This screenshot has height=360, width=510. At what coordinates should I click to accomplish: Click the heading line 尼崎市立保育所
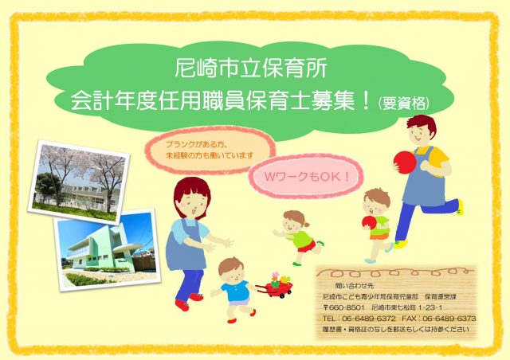[x=250, y=68]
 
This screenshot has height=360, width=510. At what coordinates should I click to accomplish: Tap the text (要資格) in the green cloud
[x=403, y=103]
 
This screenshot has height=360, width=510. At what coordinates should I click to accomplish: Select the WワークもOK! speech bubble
[x=306, y=177]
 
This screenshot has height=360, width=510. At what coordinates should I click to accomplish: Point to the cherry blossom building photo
[x=78, y=181]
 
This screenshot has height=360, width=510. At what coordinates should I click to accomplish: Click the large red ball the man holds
[x=404, y=162]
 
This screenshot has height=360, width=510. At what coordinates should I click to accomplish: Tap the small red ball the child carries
[x=369, y=223]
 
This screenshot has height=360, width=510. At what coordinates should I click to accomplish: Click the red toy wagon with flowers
[x=276, y=285]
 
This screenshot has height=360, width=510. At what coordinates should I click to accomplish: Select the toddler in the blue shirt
[x=234, y=289]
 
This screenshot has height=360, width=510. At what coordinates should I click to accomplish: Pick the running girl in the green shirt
[x=297, y=237]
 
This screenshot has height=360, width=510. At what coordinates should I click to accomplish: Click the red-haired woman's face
[x=193, y=205]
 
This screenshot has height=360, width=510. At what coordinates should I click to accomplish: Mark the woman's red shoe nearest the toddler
[x=196, y=297]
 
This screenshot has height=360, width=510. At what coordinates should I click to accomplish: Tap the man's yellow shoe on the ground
[x=400, y=245]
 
